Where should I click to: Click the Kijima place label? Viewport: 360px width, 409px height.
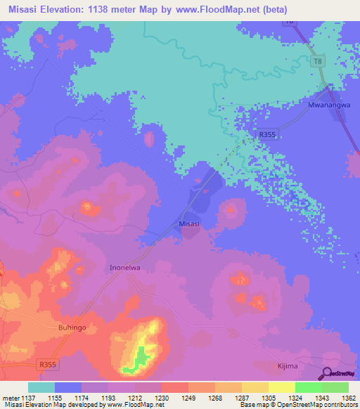pos(285,367)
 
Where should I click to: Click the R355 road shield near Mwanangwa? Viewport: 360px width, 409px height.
pos(267,134)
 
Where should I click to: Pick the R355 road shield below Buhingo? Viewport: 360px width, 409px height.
pos(48,364)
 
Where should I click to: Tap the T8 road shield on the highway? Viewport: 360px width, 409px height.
pos(318,63)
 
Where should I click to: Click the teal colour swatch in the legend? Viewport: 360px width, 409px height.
pos(41,387)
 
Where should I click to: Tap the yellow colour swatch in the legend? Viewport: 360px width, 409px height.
pos(282,387)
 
